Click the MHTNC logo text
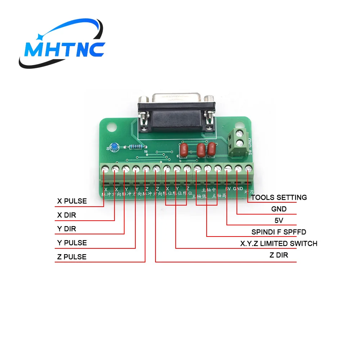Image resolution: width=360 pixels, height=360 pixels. pyautogui.click(x=65, y=49)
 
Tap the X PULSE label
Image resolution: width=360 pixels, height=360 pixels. pyautogui.click(x=72, y=201)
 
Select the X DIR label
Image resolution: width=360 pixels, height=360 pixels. pyautogui.click(x=67, y=215)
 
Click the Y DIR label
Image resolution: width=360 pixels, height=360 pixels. pyautogui.click(x=67, y=229)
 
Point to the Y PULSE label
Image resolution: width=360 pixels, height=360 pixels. pyautogui.click(x=72, y=243)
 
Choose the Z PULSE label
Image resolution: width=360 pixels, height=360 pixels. pyautogui.click(x=72, y=257)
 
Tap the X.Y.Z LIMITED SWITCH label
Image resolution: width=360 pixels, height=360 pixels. pyautogui.click(x=279, y=244)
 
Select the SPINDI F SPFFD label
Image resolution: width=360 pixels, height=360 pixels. pyautogui.click(x=279, y=232)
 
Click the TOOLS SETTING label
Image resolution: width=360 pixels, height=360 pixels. pyautogui.click(x=279, y=197)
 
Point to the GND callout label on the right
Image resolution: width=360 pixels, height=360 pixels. pyautogui.click(x=279, y=209)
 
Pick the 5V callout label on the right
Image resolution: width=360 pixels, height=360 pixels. pyautogui.click(x=279, y=220)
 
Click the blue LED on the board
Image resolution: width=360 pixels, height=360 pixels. pyautogui.click(x=114, y=147)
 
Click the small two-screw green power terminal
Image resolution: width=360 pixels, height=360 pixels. pyautogui.click(x=238, y=143)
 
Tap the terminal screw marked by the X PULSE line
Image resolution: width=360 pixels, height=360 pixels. pyautogui.click(x=105, y=168)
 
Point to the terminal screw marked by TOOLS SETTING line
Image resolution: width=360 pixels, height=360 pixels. pyautogui.click(x=248, y=168)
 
